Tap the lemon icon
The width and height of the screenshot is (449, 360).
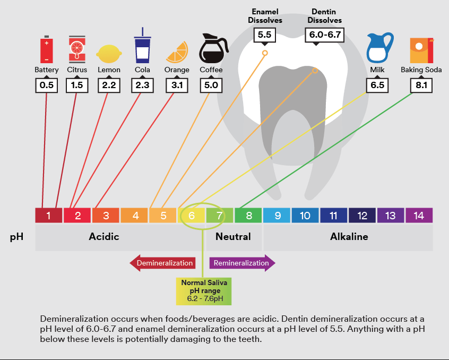(x=109, y=54)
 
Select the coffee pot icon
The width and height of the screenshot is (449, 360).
(x=212, y=48)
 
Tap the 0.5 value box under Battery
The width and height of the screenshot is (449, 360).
(x=47, y=85)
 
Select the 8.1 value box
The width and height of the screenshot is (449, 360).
(x=421, y=85)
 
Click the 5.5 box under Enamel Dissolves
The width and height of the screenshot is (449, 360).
(x=264, y=36)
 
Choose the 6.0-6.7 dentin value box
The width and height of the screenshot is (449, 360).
(x=323, y=36)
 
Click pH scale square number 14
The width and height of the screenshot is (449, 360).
(x=419, y=216)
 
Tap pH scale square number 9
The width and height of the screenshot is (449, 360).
(x=277, y=216)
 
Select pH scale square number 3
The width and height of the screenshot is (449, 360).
(x=106, y=216)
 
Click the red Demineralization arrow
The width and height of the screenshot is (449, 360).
(x=162, y=263)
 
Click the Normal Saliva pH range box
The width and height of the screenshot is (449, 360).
(x=204, y=290)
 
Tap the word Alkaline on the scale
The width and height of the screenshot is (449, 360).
(x=349, y=237)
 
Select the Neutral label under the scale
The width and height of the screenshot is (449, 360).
(x=233, y=237)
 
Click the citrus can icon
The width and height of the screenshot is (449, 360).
(x=77, y=49)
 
